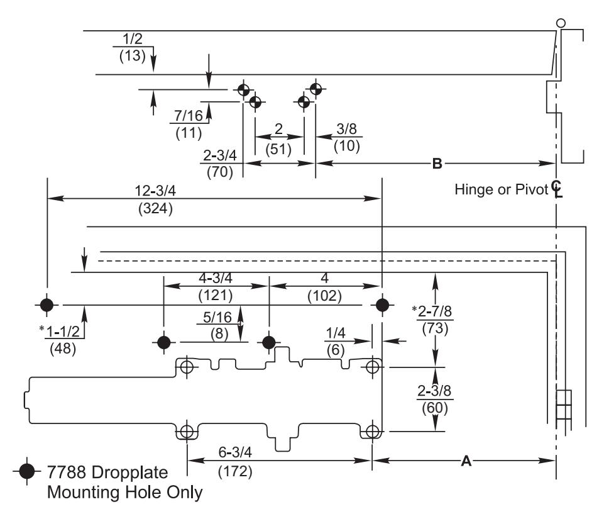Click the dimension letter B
pos(437,164)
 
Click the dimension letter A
pos(466,461)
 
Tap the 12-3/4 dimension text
pos(155,191)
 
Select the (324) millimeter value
pos(155,208)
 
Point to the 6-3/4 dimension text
pos(235,452)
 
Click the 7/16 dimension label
pos(189,116)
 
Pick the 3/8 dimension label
pos(346,129)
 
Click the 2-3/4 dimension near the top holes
pos(220,155)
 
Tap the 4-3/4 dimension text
pos(216,278)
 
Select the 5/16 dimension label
pos(217,317)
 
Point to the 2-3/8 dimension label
pos(434,390)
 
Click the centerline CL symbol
pos(557,189)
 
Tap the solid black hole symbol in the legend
pos(27,471)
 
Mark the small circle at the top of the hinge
pos(561,23)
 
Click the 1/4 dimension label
pos(335,333)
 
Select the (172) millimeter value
pos(235,471)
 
